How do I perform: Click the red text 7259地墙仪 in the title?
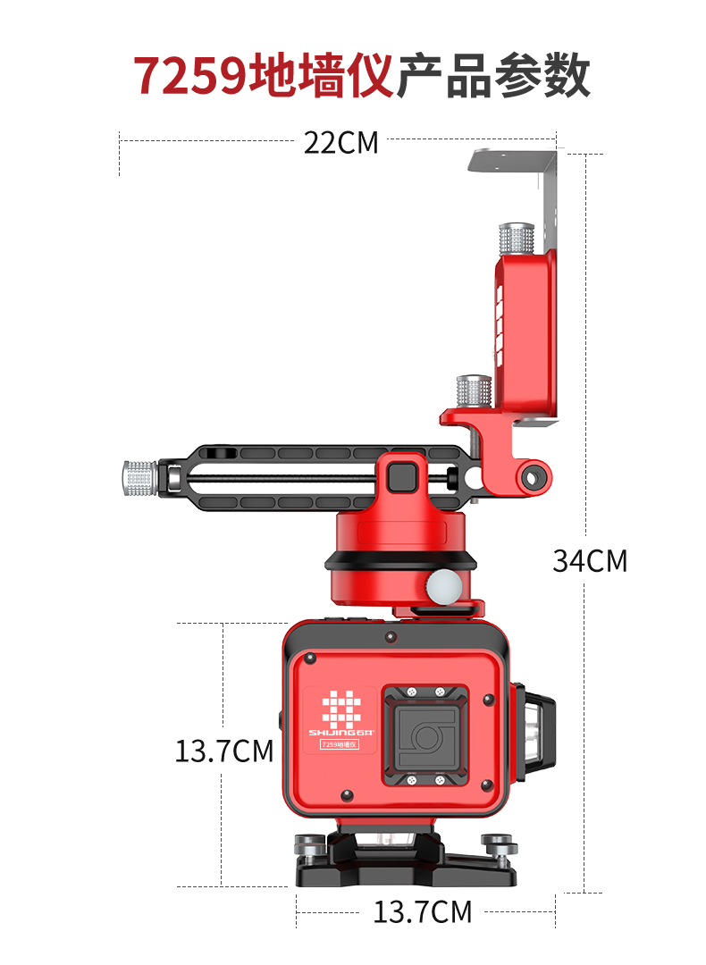coord(264,76)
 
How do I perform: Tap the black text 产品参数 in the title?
coord(493,76)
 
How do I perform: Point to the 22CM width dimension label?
coord(341,143)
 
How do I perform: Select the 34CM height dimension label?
coord(590,560)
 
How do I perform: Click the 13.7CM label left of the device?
coord(224,751)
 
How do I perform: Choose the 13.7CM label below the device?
coord(423,911)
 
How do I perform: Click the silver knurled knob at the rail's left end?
coord(140,478)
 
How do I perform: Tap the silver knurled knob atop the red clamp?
coord(516,239)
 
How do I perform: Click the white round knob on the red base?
coord(443,586)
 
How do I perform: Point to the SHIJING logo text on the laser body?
coord(341,733)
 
